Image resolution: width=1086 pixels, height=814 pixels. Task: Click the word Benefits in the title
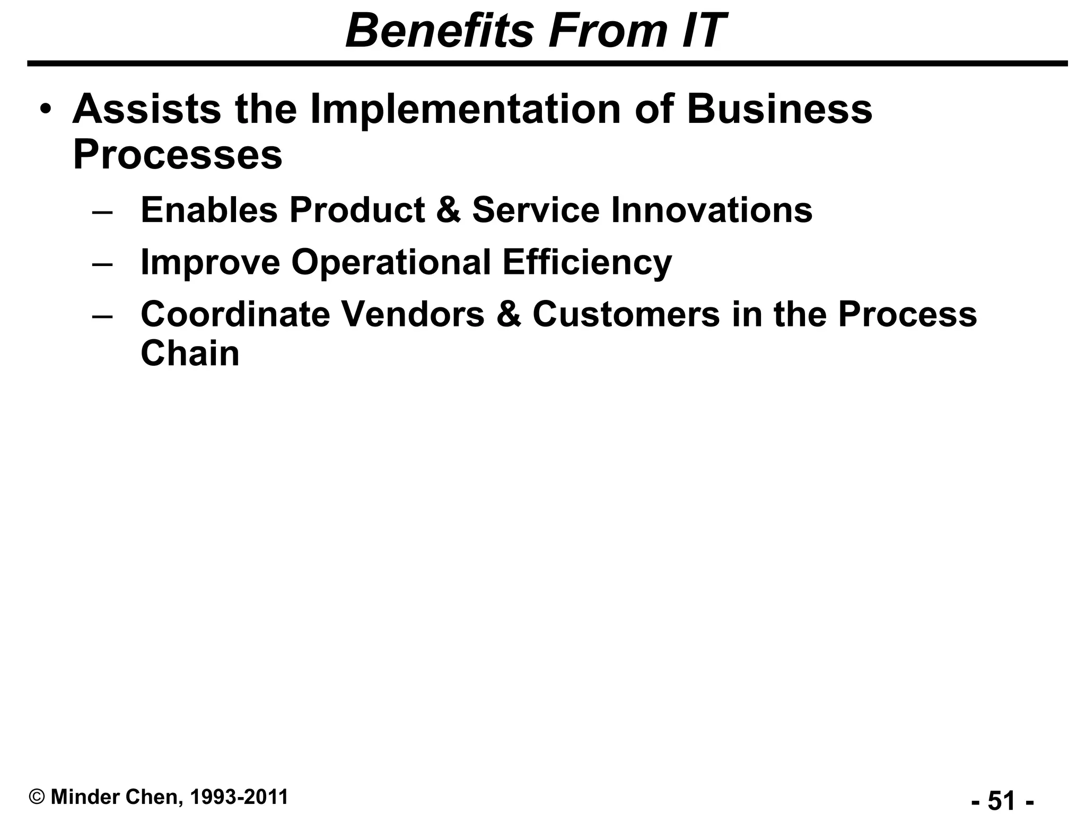439,31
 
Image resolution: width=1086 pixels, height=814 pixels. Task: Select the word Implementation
465,109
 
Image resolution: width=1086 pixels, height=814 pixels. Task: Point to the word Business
779,109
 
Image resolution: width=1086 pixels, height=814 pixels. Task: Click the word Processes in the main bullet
177,155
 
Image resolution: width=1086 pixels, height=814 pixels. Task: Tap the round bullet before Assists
46,109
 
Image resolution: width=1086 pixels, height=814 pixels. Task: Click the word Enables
209,210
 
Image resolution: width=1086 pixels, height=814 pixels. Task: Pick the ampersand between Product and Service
449,210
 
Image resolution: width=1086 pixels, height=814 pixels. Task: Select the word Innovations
711,210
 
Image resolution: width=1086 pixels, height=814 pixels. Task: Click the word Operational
391,262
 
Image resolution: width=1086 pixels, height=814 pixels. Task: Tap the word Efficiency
587,262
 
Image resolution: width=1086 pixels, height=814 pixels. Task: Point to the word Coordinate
235,314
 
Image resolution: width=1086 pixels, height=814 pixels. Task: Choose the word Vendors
412,314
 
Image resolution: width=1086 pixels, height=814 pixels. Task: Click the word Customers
626,314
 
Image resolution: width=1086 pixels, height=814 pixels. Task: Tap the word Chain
190,353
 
